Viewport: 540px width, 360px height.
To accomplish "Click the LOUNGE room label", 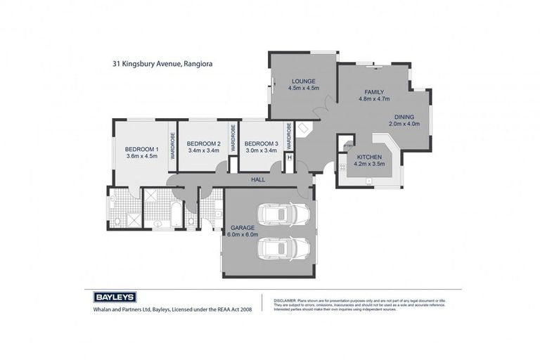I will click(304, 81).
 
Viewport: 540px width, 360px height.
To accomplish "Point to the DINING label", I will click(404, 117).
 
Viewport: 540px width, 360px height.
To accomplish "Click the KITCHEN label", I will click(368, 157).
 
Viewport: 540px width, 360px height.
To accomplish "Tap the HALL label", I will click(257, 181).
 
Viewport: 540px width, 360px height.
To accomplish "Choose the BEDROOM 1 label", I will click(141, 149).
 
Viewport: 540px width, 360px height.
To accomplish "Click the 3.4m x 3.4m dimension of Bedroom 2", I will click(204, 150).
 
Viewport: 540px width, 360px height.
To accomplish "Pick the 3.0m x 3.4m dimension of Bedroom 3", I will click(261, 150).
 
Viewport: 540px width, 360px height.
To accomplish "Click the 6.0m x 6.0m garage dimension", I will click(243, 234).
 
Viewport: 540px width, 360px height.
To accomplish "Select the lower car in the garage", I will click(283, 248).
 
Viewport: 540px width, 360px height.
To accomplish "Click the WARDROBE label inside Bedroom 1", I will click(171, 146).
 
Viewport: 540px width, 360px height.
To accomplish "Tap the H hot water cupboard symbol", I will click(290, 157).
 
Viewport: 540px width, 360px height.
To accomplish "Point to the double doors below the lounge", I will click(320, 112).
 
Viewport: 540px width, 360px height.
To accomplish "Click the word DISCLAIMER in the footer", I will click(287, 300).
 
